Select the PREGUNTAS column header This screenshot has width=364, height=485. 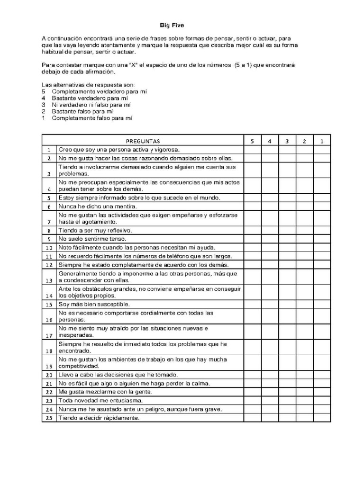pyautogui.click(x=143, y=141)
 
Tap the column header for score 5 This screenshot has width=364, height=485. pyautogui.click(x=253, y=141)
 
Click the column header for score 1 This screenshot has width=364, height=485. pyautogui.click(x=322, y=141)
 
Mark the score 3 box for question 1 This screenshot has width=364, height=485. pyautogui.click(x=287, y=150)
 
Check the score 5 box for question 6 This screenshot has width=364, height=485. pyautogui.click(x=253, y=207)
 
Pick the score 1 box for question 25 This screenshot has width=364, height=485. pyautogui.click(x=322, y=418)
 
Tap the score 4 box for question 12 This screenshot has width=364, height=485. pyautogui.click(x=270, y=264)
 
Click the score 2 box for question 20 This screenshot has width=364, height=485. pyautogui.click(x=305, y=374)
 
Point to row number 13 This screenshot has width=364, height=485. pyautogui.click(x=49, y=280)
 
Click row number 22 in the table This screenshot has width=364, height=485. pyautogui.click(x=49, y=392)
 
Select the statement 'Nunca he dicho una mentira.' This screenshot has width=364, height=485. pyautogui.click(x=91, y=207)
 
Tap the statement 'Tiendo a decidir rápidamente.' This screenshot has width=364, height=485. pyautogui.click(x=99, y=418)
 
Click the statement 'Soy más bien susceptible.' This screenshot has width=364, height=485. pyautogui.click(x=94, y=304)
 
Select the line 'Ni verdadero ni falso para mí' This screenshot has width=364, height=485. pyautogui.click(x=91, y=104)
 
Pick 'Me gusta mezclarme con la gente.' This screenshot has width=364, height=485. pyautogui.click(x=105, y=392)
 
